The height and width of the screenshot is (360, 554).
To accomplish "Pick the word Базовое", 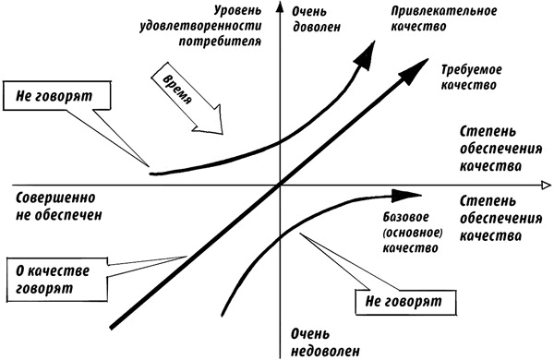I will [405, 218].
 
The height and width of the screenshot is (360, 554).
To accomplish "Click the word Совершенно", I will [56, 198].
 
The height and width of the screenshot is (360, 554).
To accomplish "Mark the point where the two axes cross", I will [278, 186].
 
